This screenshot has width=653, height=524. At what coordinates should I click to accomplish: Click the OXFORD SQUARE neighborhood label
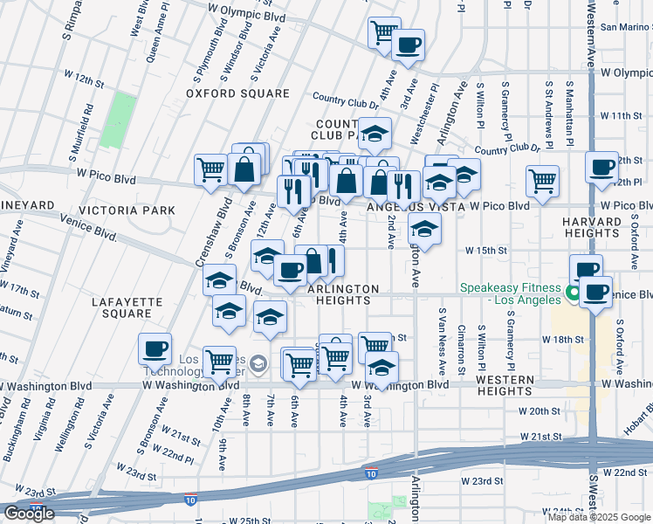tap(237, 93)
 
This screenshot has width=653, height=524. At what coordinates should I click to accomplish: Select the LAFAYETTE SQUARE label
tap(127, 307)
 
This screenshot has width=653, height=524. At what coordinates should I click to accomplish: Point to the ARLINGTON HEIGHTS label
tap(343, 294)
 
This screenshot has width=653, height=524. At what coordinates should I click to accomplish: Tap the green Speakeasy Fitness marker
tap(574, 293)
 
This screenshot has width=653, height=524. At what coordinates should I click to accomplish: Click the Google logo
tap(28, 514)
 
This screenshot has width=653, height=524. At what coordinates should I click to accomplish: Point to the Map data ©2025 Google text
tap(599, 517)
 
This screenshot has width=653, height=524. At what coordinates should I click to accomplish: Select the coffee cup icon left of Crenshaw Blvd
tap(155, 349)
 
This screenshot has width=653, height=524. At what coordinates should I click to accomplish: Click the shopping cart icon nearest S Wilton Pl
tap(542, 181)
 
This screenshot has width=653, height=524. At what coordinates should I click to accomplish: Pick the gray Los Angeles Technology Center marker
tap(258, 362)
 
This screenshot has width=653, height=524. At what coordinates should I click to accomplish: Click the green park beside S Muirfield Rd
tap(118, 121)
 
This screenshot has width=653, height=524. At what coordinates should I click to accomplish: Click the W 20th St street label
tap(539, 410)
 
